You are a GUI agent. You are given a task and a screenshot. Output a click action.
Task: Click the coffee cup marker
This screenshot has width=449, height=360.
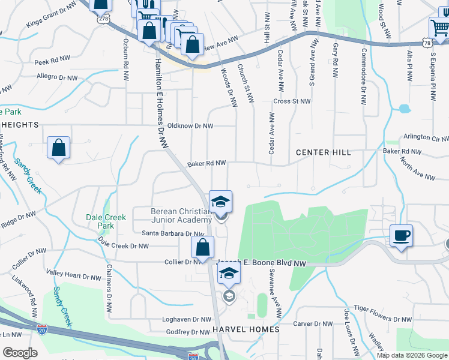401,235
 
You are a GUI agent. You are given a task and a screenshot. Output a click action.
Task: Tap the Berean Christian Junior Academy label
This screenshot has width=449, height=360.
181,215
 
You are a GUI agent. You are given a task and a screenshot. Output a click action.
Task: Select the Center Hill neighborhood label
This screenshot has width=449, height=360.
323,152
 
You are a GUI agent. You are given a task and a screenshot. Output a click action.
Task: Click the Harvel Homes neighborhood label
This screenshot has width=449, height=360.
246,329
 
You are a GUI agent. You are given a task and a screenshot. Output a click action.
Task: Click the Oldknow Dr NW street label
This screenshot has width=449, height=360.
190,126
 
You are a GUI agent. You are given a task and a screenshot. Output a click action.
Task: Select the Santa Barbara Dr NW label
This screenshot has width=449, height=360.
173,233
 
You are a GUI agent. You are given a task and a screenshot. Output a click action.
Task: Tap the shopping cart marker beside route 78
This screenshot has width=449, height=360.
439,28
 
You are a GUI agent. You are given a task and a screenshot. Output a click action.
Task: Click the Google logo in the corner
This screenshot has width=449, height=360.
20,353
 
